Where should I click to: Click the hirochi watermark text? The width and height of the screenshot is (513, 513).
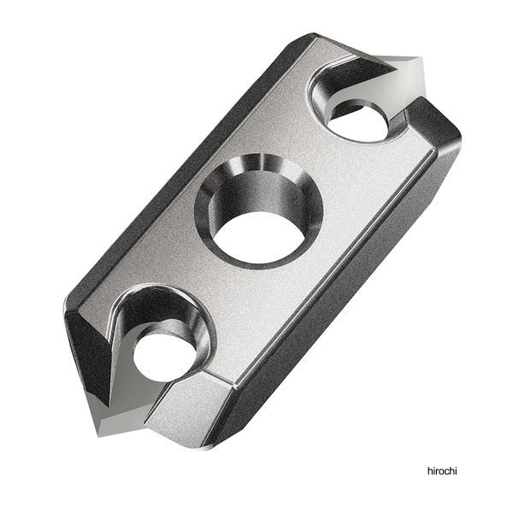(442, 471)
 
